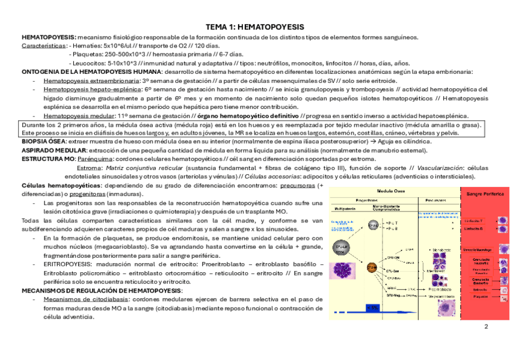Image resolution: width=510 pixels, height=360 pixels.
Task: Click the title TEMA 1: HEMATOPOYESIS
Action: click(x=255, y=28)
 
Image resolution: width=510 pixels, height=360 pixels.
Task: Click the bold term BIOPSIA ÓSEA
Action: click(x=43, y=141)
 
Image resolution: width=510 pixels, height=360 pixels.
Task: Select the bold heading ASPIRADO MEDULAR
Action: click(x=53, y=149)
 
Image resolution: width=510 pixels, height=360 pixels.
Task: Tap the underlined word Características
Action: click(x=43, y=46)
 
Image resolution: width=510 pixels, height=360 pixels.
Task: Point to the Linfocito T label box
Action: click(x=477, y=221)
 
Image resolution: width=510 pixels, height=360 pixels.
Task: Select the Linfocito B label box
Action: click(x=477, y=229)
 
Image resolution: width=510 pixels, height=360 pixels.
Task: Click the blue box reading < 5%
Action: click(x=372, y=308)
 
